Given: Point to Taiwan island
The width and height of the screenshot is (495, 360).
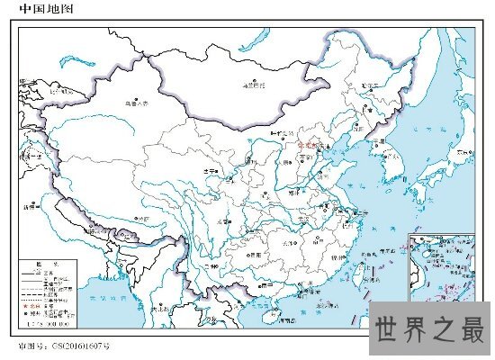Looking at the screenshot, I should (364, 265).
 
